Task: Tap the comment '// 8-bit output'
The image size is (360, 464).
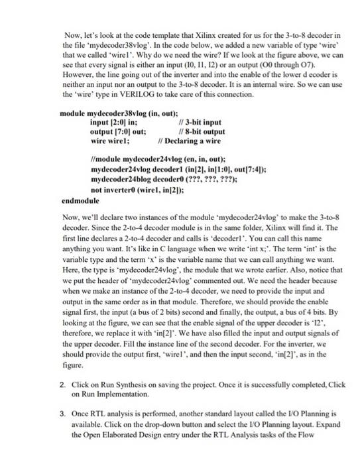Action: click(202, 131)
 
